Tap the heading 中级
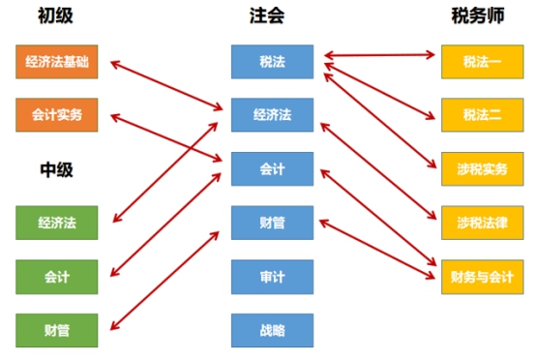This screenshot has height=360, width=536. pos(56,169)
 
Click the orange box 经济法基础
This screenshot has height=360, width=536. pos(57,61)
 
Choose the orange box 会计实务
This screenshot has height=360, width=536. pos(57,114)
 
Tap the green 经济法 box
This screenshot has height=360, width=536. pos(57,224)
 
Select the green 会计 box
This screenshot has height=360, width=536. pos(57,277)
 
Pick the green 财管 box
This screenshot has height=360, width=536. pos(57,330)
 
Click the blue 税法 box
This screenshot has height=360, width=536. pos(272,61)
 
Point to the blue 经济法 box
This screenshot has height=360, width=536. pos(272,115)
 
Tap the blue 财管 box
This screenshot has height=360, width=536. pos(272,223)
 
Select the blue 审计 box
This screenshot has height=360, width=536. pos(272,277)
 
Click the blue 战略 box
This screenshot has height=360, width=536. pos(272,330)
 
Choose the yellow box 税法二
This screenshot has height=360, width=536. pos(482,115)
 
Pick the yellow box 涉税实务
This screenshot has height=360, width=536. pos(482,168)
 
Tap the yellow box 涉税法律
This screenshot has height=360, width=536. pos(482,223)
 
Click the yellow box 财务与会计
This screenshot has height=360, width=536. pos(482,277)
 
